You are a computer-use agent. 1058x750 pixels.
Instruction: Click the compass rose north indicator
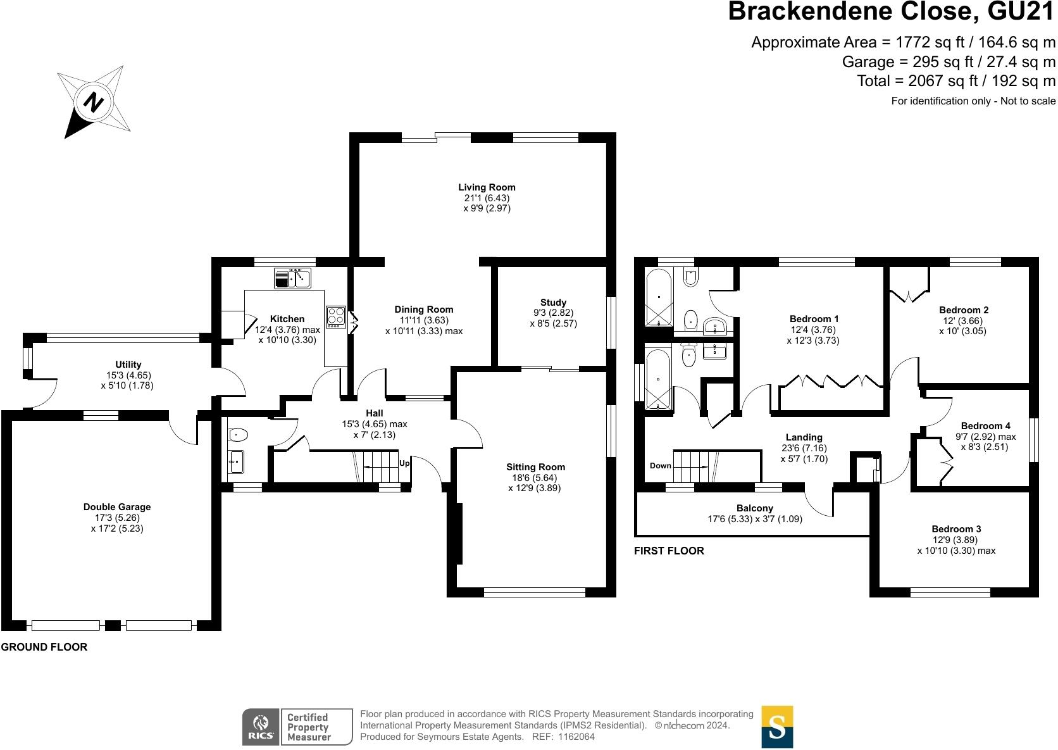pos(94,102)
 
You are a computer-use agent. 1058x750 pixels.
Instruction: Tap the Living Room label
pos(487,187)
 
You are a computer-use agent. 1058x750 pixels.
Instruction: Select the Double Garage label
pos(117,507)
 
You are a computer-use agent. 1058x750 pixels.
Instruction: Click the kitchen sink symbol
pos(292,277)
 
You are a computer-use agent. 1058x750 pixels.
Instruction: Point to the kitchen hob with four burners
pos(335,316)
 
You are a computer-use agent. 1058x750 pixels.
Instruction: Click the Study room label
pos(553,303)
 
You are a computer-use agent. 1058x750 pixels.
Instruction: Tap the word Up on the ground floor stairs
pos(404,463)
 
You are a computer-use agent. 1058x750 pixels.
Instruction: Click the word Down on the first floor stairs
pos(660,466)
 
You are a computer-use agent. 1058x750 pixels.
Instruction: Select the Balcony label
pos(754,508)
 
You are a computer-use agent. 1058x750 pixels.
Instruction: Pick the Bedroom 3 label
pos(956,529)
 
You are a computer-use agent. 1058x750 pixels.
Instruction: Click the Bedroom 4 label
pos(985,426)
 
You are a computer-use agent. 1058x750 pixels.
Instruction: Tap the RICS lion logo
pos(260,727)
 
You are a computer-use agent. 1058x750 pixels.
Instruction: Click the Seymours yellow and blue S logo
pos(777,727)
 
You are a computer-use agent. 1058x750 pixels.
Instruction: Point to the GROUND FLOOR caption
pos(44,647)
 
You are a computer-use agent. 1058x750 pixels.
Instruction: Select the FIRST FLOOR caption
pos(669,551)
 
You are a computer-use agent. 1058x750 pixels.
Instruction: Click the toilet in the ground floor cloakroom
pos(237,435)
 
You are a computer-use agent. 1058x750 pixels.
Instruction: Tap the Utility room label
pos(128,365)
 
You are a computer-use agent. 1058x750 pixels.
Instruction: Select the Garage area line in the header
pos(949,62)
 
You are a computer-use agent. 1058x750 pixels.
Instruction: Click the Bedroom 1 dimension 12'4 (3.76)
pos(812,330)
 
